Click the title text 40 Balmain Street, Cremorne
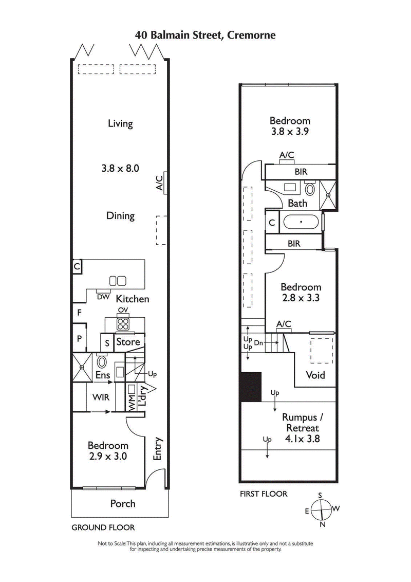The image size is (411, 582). [x=206, y=35]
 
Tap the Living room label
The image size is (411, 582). [x=120, y=123]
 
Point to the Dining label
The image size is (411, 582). [x=120, y=216]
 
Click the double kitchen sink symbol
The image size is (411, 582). [x=118, y=281]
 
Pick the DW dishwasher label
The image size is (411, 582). [x=103, y=297]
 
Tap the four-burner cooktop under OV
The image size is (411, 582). [x=123, y=324]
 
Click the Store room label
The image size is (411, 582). [x=128, y=342]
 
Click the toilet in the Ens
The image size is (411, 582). [x=102, y=362]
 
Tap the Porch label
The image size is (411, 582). [x=123, y=503]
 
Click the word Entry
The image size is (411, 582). [x=158, y=448]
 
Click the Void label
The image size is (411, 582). [x=315, y=375]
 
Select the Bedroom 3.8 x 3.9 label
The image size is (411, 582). [x=290, y=126]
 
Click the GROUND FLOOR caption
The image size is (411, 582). [x=103, y=527]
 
